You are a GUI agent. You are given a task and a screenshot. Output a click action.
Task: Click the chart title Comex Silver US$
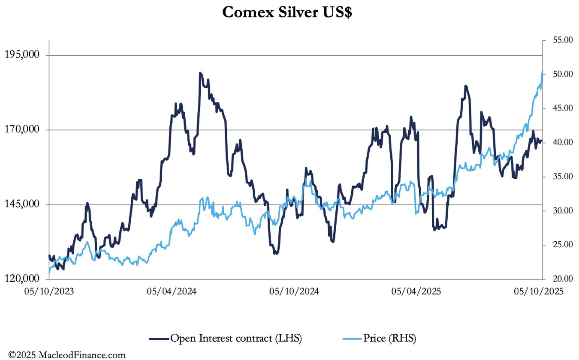pyautogui.click(x=287, y=12)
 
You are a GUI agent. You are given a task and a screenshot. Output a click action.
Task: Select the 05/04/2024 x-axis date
pyautogui.click(x=172, y=291)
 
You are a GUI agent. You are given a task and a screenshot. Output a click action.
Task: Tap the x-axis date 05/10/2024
pyautogui.click(x=294, y=291)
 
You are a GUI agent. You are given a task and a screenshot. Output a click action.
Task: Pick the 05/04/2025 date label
pyautogui.click(x=416, y=291)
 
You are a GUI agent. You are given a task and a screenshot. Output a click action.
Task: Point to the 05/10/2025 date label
pyautogui.click(x=539, y=291)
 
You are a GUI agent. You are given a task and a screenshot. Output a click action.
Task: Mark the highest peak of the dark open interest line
pyautogui.click(x=200, y=73)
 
